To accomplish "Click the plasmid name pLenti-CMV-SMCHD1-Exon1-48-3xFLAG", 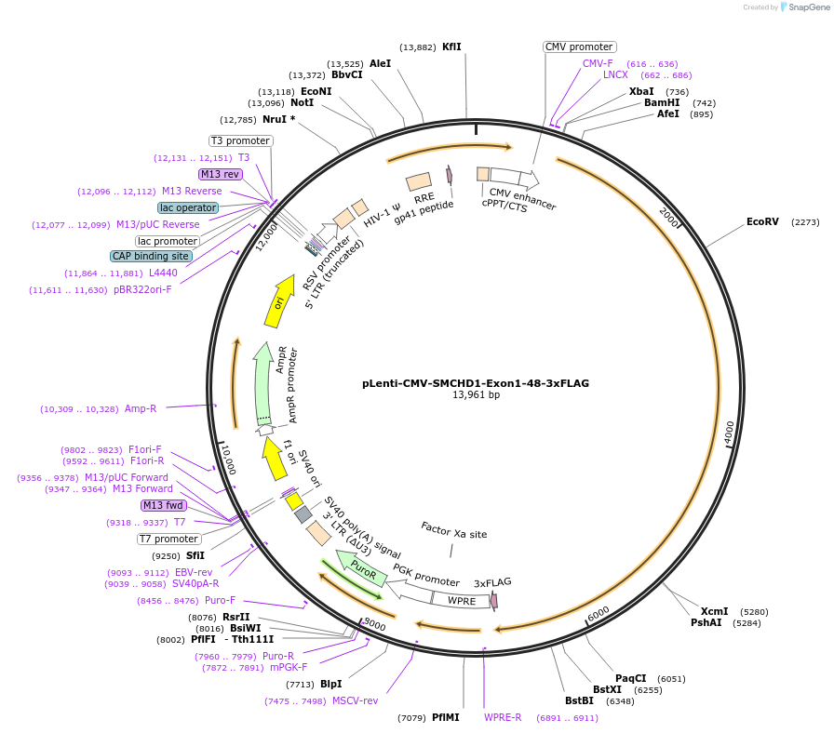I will (475, 382).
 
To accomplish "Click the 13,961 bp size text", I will (475, 395).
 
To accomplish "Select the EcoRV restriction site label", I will (762, 222).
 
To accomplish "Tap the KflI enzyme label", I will (451, 47).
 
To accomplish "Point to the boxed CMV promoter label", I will (579, 47).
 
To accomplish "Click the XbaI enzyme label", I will (641, 91).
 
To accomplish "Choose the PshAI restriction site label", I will (706, 623).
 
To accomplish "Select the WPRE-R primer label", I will (503, 718).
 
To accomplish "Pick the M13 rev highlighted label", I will (220, 174).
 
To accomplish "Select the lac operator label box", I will (188, 207).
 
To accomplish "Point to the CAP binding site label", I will (151, 256).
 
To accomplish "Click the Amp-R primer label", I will (141, 408).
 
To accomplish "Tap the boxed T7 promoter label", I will (168, 539).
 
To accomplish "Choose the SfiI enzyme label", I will (195, 555).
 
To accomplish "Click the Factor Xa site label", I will (453, 534).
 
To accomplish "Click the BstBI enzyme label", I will (579, 700).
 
